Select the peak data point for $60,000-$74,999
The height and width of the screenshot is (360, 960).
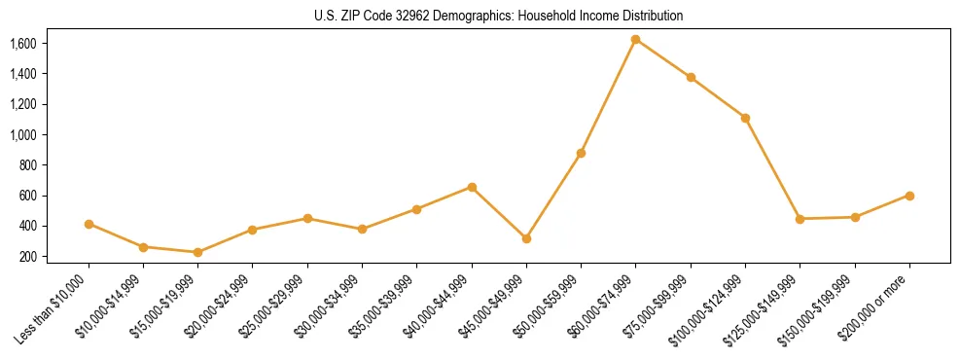[636, 40]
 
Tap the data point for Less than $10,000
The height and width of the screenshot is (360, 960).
[89, 224]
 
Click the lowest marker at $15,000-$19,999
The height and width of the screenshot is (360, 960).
[198, 252]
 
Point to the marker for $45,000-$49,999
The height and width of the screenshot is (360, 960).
[526, 238]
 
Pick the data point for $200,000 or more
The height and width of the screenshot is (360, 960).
[909, 196]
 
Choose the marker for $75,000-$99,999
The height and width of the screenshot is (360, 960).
[691, 77]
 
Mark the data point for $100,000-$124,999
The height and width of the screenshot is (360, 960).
[745, 118]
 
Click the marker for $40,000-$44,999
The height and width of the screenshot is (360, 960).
[472, 187]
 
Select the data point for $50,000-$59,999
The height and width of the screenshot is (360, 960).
[581, 153]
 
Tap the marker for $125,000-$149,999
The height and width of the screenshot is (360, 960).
[800, 219]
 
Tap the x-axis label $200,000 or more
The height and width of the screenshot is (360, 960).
[875, 307]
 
